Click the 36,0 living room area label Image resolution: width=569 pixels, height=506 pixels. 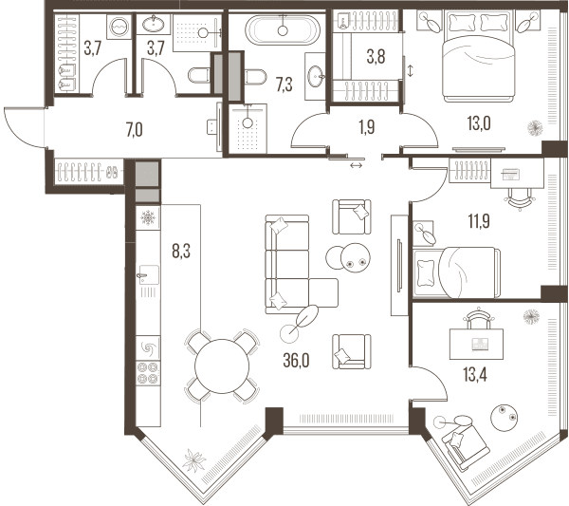tap(296, 361)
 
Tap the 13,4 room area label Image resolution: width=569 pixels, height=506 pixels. tap(475, 374)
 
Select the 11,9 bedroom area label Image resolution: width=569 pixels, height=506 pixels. tap(479, 221)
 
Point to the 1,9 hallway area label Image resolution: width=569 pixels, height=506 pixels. tap(366, 127)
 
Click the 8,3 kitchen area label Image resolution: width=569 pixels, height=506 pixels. tap(181, 251)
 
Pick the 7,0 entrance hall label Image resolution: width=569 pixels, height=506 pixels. tap(135, 130)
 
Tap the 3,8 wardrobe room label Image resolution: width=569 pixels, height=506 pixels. tap(376, 57)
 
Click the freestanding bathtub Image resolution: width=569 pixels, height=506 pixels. tap(283, 30)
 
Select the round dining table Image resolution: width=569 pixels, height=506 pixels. tap(222, 366)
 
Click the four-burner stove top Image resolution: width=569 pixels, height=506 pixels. tap(148, 373)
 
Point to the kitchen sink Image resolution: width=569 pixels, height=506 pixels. tap(148, 275)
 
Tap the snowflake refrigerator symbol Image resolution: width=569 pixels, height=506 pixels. tap(148, 218)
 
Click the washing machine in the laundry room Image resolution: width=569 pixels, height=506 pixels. tap(119, 27)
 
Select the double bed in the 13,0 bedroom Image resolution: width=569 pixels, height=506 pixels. tap(478, 56)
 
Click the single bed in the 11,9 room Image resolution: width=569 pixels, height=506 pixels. tap(456, 272)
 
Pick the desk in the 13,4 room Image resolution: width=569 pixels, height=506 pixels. tap(476, 344)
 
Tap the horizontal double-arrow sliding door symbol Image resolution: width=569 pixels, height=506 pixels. tap(356, 165)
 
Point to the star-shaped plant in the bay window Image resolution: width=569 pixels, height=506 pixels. tap(193, 460)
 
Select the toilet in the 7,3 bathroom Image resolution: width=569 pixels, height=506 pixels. tap(254, 77)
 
